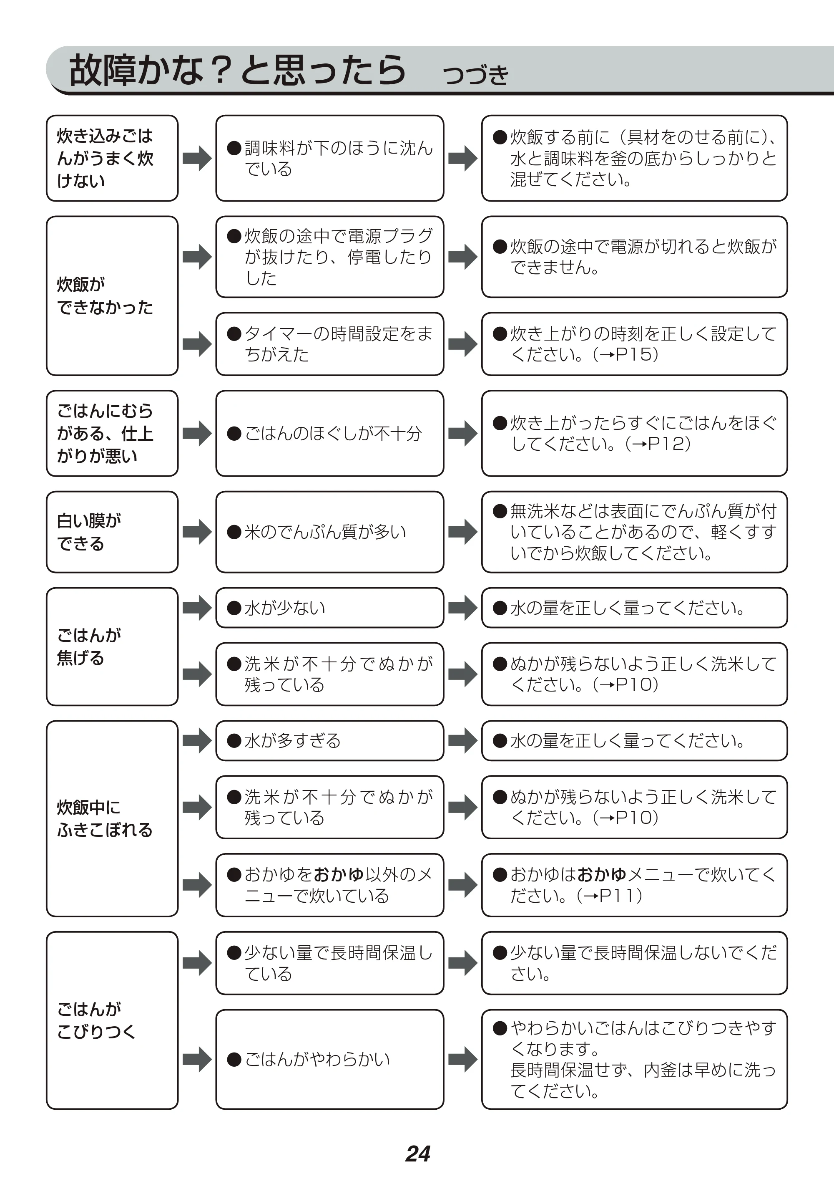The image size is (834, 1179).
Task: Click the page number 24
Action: (x=417, y=1153)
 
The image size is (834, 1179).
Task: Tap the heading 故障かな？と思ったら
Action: (x=237, y=70)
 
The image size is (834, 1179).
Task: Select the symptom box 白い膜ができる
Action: (x=112, y=532)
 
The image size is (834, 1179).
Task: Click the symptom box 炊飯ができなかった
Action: (x=112, y=295)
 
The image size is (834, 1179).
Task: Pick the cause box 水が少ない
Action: (x=330, y=608)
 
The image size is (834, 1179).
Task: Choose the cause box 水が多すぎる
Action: (x=330, y=741)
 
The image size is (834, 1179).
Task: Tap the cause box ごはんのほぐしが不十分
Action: (x=330, y=433)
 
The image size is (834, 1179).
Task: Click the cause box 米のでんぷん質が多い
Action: (x=330, y=532)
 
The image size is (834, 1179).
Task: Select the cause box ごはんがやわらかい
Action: (x=330, y=1059)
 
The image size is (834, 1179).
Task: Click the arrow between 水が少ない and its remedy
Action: (x=463, y=608)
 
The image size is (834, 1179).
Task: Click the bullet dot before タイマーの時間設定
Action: (x=234, y=333)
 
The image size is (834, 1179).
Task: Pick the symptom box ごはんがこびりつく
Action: (x=112, y=1020)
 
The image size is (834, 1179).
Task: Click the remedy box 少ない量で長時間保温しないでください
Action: (x=634, y=963)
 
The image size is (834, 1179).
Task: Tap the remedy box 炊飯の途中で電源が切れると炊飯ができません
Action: (x=634, y=257)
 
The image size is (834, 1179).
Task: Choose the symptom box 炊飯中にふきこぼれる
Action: (x=112, y=818)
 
